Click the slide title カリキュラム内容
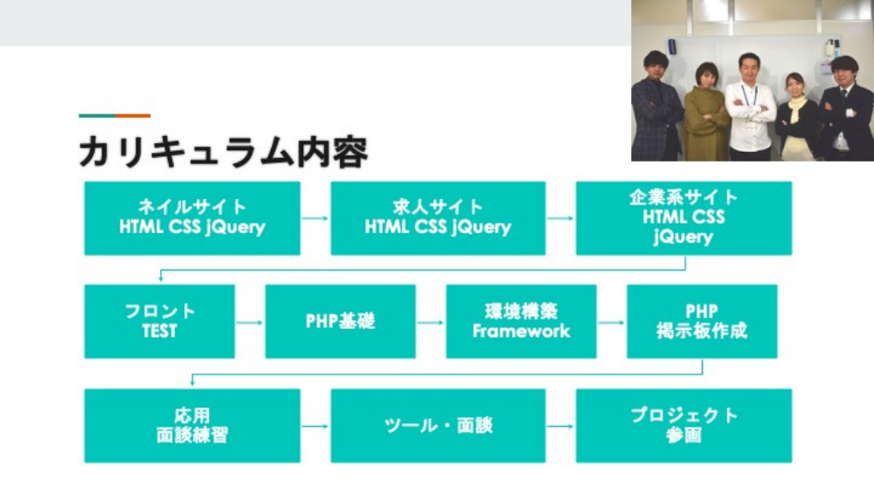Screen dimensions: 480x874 [223, 151]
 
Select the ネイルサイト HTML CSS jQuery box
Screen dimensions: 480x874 [192, 218]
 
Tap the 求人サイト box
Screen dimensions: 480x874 [438, 218]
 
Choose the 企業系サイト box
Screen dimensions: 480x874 [683, 218]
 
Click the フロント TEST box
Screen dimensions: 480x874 [159, 321]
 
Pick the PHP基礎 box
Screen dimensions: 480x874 [340, 321]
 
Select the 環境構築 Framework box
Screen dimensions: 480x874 [521, 321]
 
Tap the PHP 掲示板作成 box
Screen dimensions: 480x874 [702, 321]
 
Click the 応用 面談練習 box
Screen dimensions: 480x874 [192, 426]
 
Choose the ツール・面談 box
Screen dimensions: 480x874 [438, 426]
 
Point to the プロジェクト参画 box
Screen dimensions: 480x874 [683, 426]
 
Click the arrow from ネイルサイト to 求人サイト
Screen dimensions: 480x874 [316, 218]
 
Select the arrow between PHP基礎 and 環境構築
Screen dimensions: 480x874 [431, 322]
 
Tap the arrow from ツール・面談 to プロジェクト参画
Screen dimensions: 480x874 [561, 427]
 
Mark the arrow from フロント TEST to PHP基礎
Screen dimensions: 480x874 [250, 322]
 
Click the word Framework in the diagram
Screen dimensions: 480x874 [521, 332]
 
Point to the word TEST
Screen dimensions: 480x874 [159, 332]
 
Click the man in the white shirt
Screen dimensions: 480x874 [749, 109]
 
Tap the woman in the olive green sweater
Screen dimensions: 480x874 [705, 113]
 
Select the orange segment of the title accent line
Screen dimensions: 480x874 [133, 115]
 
